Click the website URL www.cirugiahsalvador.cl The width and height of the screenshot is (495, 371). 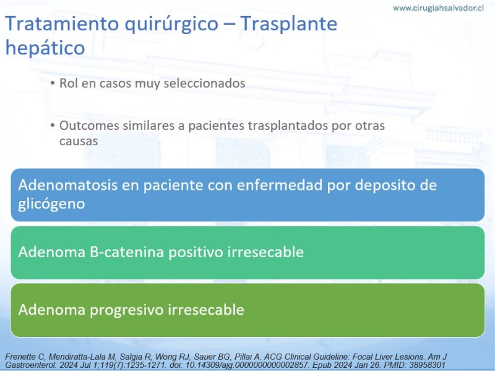click(x=438, y=8)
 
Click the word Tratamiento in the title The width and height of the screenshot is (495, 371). click(x=62, y=23)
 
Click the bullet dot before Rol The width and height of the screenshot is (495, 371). click(x=53, y=83)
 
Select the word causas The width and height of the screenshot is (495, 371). click(x=79, y=142)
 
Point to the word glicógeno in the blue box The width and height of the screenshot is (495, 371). click(x=51, y=204)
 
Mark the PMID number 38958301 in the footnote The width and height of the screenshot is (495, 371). click(x=428, y=365)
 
